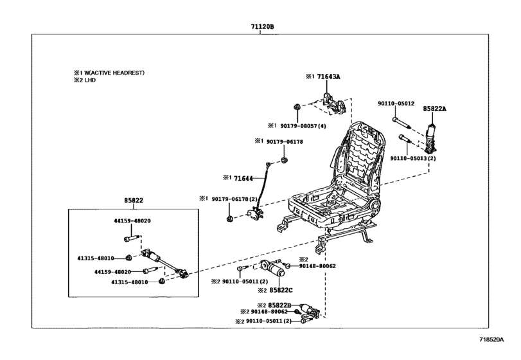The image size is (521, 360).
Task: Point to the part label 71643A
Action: point(328,76)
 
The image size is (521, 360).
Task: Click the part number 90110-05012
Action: point(395,104)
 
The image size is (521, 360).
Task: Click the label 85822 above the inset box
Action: point(134,201)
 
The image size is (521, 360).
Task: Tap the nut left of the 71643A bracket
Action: point(297,106)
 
